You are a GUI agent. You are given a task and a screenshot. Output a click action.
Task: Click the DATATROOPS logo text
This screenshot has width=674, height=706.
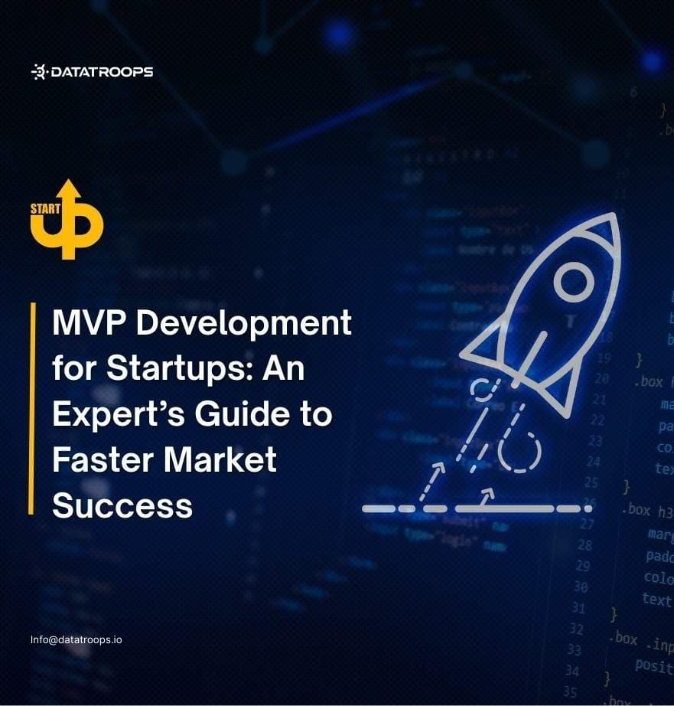tap(102, 72)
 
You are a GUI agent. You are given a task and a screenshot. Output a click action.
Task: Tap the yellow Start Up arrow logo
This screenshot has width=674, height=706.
tap(67, 219)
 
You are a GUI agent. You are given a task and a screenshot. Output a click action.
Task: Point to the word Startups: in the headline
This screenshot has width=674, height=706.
tap(181, 370)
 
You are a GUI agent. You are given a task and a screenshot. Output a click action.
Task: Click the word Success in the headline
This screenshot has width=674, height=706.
tap(122, 505)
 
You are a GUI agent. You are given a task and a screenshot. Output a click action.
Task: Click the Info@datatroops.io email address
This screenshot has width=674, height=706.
tap(76, 639)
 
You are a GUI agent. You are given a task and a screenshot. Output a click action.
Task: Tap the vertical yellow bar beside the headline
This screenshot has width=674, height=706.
tap(32, 407)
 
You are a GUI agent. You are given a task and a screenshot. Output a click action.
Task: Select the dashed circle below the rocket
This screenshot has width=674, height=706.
tap(519, 452)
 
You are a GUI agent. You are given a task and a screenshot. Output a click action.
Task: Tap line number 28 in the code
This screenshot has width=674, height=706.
tap(584, 545)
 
